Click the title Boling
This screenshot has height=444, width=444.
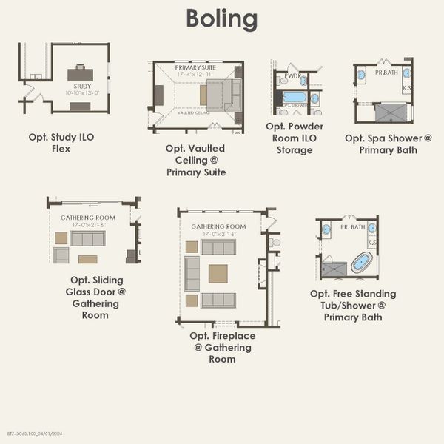click(221, 18)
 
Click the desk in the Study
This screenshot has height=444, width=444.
click(80, 75)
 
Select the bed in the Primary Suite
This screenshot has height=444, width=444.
click(223, 95)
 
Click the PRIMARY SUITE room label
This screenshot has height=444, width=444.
click(195, 67)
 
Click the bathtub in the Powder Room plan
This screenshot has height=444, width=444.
click(295, 97)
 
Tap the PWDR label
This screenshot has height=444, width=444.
click(292, 75)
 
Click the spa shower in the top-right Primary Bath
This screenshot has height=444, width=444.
click(390, 112)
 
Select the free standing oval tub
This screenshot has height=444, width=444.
click(361, 262)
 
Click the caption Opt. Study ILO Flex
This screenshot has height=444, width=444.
click(61, 143)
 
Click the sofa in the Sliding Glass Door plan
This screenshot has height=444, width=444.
click(87, 238)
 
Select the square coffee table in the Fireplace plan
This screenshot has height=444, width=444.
click(218, 274)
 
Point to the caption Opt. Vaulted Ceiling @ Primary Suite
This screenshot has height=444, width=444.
click(195, 161)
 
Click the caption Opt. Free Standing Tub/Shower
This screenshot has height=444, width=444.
click(353, 305)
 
